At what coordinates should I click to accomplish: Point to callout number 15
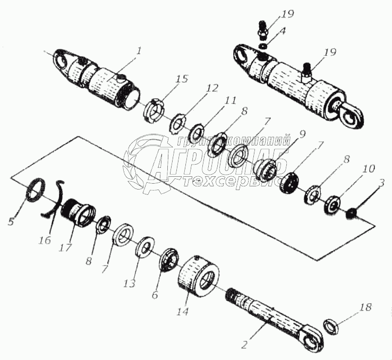tap(182, 79)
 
